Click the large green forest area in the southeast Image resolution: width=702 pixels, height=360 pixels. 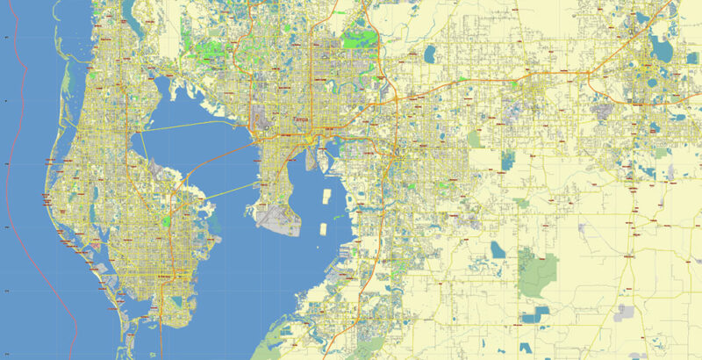point(537,270)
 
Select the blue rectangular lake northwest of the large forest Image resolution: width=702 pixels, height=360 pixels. point(498,249)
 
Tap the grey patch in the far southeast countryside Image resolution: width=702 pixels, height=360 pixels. point(625,312)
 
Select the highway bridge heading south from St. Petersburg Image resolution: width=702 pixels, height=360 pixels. point(160,329)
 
